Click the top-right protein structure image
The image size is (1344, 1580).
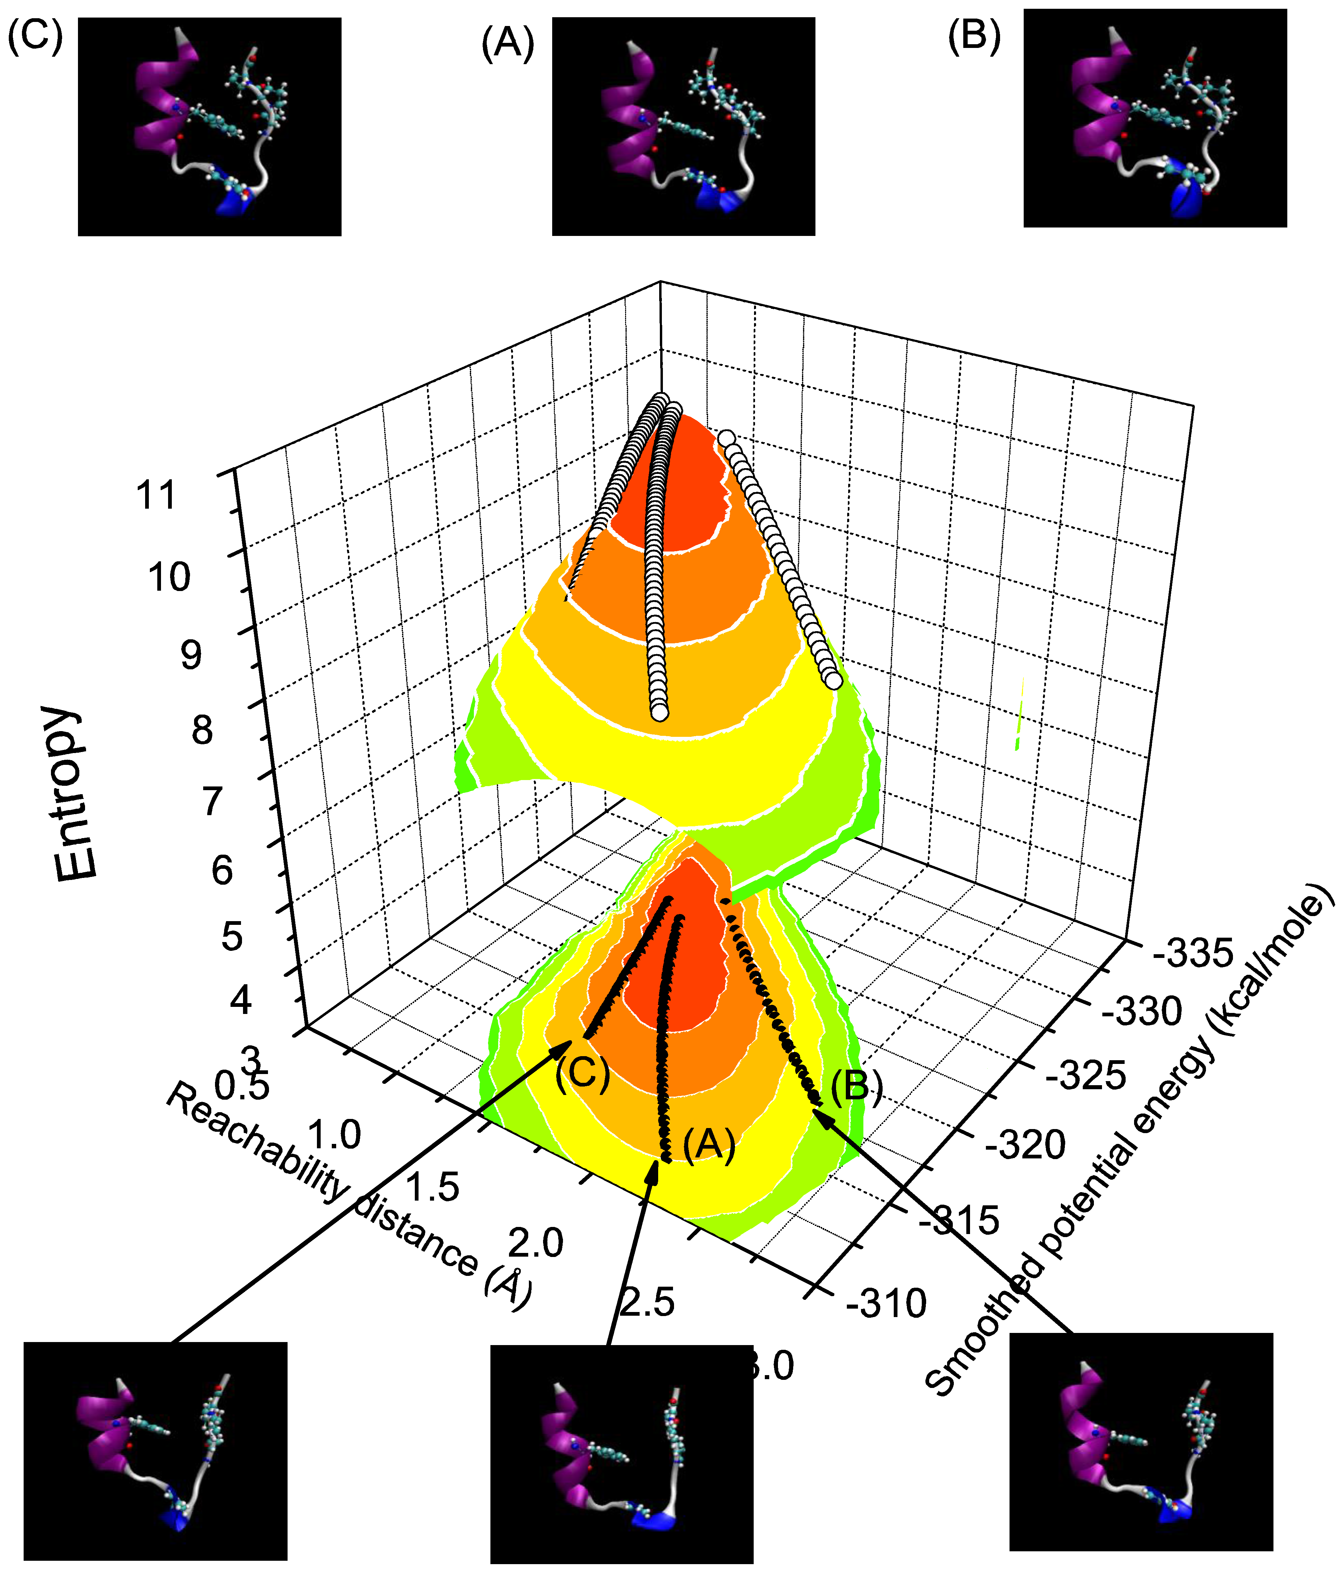click(x=1155, y=118)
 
